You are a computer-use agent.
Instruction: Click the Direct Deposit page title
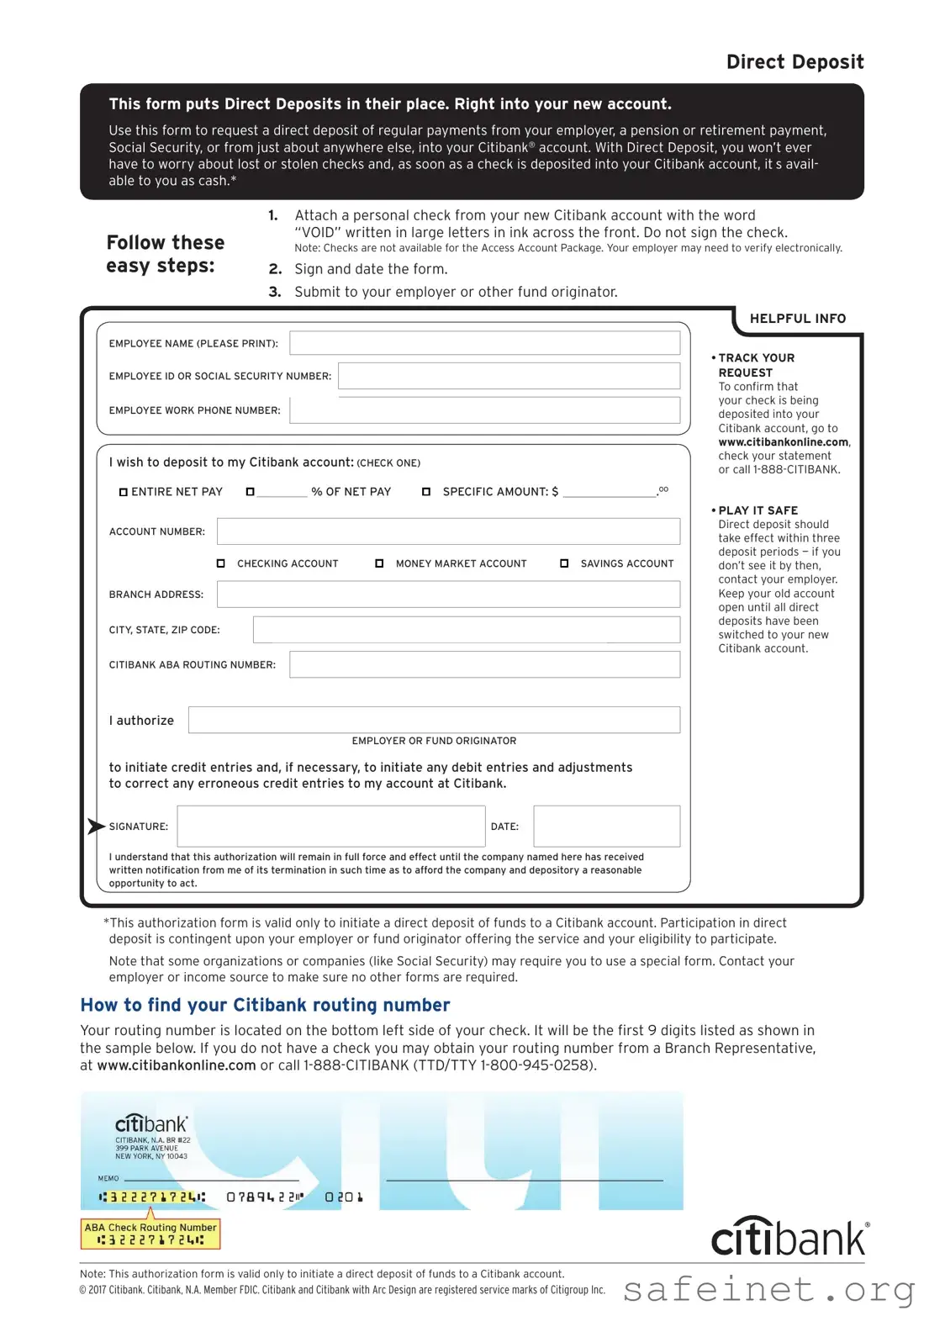[x=795, y=62]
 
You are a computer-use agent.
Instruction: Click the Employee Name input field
[x=484, y=343]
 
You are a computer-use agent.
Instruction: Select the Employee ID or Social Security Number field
[x=509, y=376]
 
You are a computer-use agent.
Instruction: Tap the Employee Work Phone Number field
[x=484, y=410]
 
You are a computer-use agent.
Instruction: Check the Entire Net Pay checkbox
[x=124, y=492]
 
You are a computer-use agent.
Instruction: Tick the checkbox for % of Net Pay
[x=250, y=492]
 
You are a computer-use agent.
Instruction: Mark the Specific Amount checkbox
[x=426, y=492]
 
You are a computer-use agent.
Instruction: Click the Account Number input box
[x=448, y=531]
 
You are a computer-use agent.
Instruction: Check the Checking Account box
[x=221, y=563]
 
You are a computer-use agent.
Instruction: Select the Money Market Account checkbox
[x=379, y=563]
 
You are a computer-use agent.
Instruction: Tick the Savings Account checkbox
[x=564, y=563]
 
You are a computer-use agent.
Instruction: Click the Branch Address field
[x=448, y=594]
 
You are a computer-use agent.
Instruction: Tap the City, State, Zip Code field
[x=466, y=630]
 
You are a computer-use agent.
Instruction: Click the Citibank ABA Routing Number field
[x=484, y=664]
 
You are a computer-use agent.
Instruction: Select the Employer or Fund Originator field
[x=434, y=720]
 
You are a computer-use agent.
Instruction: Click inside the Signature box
[x=330, y=826]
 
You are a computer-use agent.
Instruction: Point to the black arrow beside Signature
[x=96, y=827]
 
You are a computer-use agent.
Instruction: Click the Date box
[x=606, y=826]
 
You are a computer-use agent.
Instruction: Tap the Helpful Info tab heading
[x=797, y=319]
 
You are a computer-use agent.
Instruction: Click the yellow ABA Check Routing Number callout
[x=150, y=1234]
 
